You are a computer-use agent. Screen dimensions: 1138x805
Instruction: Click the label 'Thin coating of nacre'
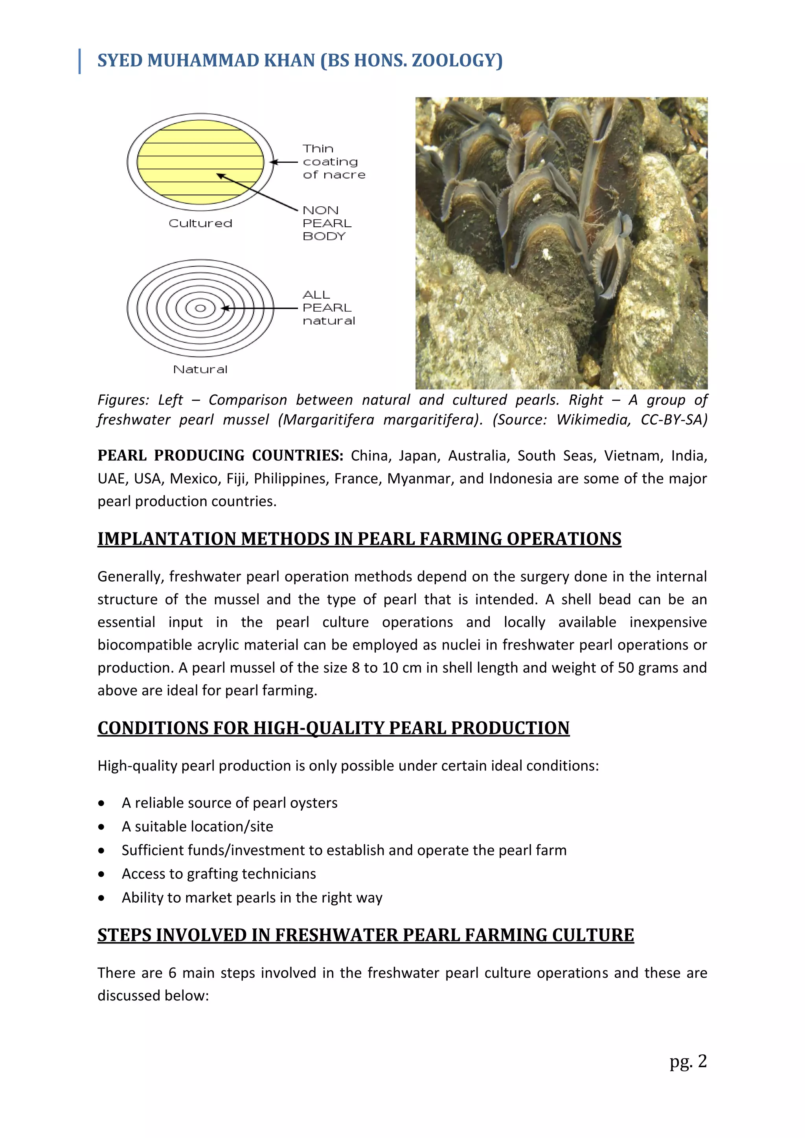(x=333, y=162)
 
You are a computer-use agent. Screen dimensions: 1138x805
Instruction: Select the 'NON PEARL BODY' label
(x=326, y=223)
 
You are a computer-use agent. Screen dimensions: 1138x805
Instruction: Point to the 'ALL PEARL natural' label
(x=328, y=308)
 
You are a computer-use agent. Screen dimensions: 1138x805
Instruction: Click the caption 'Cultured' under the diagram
(x=200, y=224)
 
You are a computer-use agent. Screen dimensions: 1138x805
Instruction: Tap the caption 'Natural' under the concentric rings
(x=200, y=369)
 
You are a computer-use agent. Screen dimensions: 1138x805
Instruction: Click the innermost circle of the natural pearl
(x=200, y=308)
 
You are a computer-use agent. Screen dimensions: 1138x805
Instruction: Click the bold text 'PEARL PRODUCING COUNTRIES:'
(x=220, y=455)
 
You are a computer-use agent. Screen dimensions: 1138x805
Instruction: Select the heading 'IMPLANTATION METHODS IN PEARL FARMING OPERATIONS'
(x=359, y=539)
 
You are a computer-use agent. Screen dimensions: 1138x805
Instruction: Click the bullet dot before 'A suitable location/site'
(x=102, y=827)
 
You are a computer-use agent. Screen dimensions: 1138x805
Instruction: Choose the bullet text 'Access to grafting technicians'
(x=219, y=874)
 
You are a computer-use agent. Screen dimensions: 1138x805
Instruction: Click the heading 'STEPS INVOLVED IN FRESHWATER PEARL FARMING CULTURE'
(x=365, y=935)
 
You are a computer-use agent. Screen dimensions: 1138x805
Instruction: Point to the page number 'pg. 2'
(x=687, y=1061)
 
